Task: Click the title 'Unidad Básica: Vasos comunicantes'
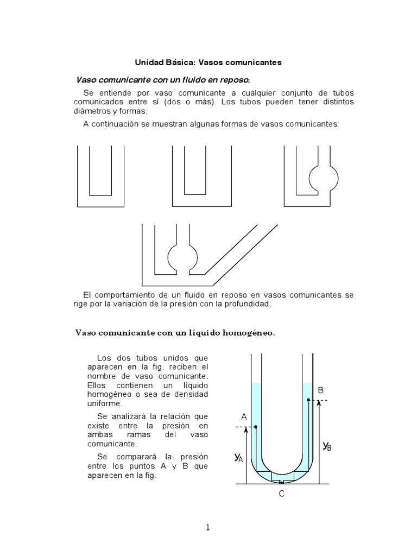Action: pos(208,62)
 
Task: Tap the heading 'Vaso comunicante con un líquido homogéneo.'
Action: pos(175,333)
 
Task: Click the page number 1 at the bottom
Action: pos(208,527)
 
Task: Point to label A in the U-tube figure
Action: pos(244,416)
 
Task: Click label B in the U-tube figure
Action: pos(320,390)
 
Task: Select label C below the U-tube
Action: pos(281,494)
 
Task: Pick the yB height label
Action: pos(326,446)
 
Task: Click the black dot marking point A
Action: pos(255,427)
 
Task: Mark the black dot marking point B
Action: pos(308,401)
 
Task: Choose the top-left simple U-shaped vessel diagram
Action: pos(100,176)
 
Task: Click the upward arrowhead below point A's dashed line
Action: pos(245,430)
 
